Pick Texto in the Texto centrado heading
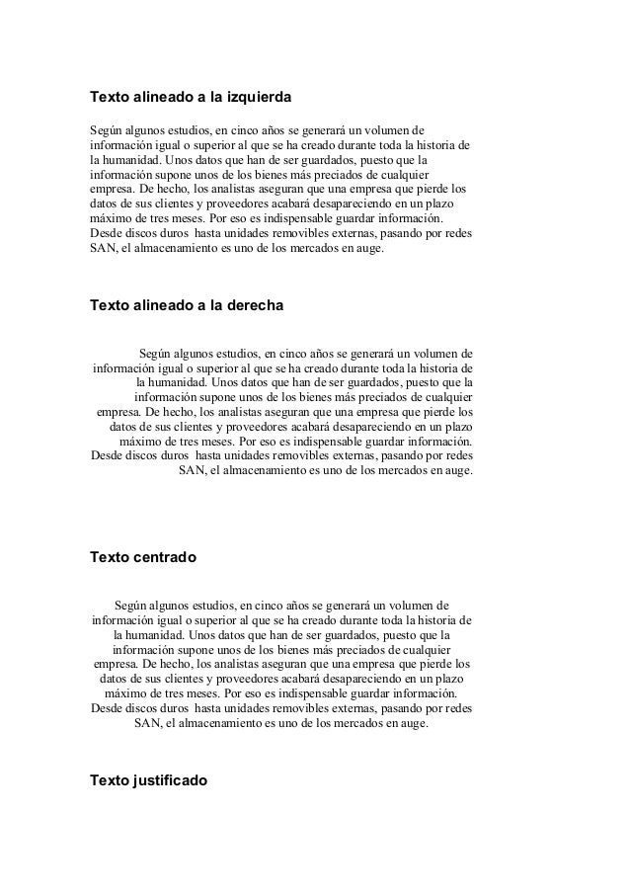pos(109,558)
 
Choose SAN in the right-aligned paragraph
pos(192,470)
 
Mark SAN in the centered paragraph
pos(147,723)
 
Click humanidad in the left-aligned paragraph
pos(133,159)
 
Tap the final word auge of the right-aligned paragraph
pos(458,470)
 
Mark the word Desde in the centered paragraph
pos(109,708)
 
